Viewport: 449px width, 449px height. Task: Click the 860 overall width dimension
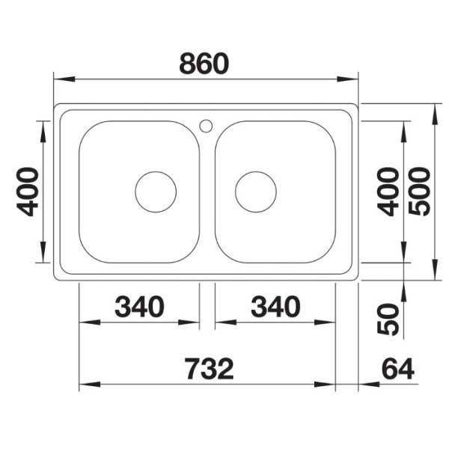[204, 64]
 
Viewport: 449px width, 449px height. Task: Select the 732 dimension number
[210, 369]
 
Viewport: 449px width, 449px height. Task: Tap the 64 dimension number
[398, 369]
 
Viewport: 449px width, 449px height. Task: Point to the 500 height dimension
[419, 192]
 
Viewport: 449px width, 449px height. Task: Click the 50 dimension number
[388, 320]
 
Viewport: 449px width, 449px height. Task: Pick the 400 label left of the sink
[28, 192]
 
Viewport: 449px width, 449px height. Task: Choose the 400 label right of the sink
[388, 192]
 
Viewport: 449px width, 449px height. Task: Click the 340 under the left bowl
[139, 307]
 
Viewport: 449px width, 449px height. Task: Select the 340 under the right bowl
[275, 307]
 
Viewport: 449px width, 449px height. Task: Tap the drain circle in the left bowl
[156, 172]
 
